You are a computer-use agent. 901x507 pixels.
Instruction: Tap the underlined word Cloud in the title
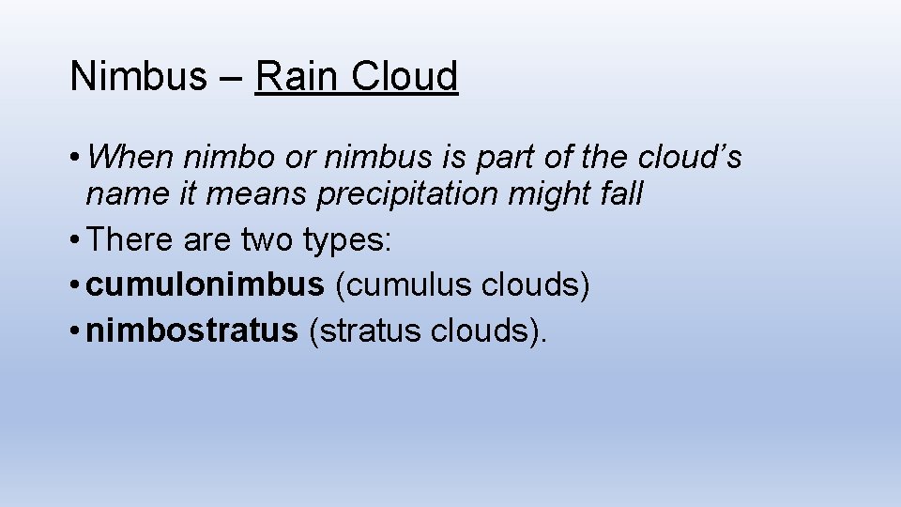(405, 76)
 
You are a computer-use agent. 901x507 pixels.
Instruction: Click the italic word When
(138, 157)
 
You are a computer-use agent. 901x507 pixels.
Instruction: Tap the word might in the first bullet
(549, 194)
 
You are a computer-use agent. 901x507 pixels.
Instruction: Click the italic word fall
(620, 194)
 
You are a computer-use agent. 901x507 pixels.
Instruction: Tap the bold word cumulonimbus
(204, 285)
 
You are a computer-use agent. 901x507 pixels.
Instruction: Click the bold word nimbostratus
(191, 330)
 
